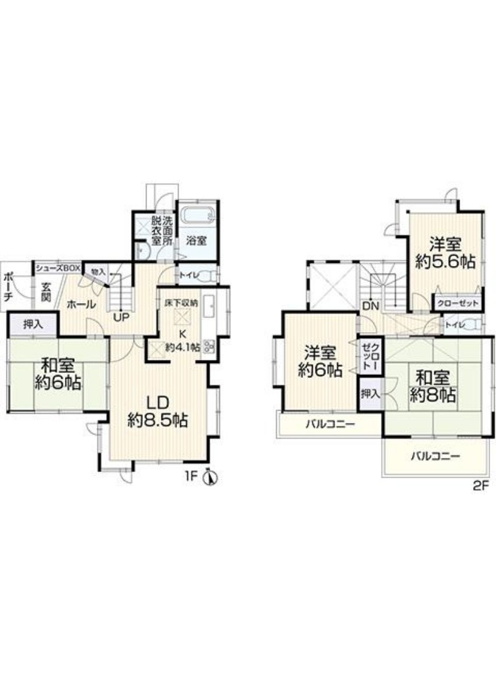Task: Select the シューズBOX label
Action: click(x=58, y=268)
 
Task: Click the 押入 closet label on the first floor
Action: click(x=33, y=325)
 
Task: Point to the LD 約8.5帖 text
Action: click(x=158, y=411)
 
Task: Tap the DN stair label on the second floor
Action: click(x=370, y=306)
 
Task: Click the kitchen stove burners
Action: click(x=209, y=346)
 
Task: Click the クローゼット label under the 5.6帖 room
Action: click(x=458, y=304)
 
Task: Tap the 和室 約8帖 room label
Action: click(x=433, y=387)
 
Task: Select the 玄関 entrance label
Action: click(x=46, y=291)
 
